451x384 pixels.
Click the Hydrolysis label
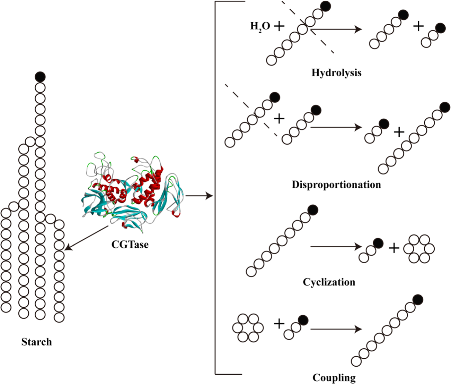336,73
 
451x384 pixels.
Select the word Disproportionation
336,184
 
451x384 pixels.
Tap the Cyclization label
329,282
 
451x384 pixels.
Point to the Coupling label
334,377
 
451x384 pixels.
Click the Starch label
36,342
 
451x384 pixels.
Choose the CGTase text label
130,245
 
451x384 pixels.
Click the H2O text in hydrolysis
260,26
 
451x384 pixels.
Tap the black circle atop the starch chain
40,77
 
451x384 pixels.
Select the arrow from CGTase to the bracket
199,196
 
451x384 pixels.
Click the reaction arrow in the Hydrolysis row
336,29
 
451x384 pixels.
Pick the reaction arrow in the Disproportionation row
336,127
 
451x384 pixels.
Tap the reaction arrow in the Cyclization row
336,247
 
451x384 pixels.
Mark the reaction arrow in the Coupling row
336,329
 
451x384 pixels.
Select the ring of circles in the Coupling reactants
248,327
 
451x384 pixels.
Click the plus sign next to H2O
279,26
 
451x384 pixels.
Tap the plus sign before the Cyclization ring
394,248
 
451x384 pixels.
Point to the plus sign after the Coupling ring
279,324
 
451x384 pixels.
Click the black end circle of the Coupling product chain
418,299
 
